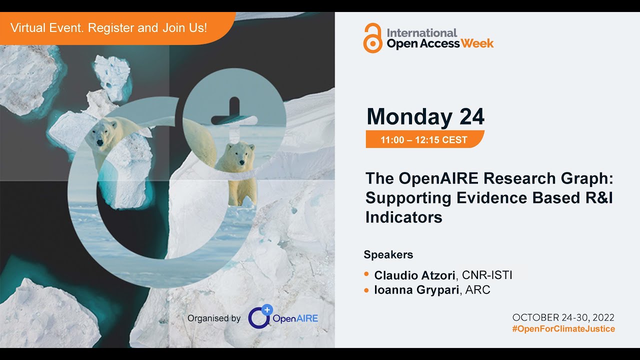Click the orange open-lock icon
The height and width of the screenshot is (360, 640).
coord(373,38)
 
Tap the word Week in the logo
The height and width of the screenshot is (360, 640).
coord(477,43)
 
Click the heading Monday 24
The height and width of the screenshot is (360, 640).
coord(425,117)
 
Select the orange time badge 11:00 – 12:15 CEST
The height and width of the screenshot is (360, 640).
coord(424,140)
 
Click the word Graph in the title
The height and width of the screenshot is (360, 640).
coord(585,178)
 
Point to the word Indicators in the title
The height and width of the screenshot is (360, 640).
coord(404,217)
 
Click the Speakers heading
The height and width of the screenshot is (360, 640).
coord(388,254)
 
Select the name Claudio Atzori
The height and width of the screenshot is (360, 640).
coord(415,275)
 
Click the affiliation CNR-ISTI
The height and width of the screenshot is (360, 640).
coord(487,275)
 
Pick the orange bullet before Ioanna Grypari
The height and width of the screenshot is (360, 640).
coord(366,290)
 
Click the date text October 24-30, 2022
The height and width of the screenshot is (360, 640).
coord(563,317)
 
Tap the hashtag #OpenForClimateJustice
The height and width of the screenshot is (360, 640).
coord(563,329)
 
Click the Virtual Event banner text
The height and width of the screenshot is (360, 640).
coord(108,28)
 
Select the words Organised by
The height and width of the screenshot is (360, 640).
coord(214,318)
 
